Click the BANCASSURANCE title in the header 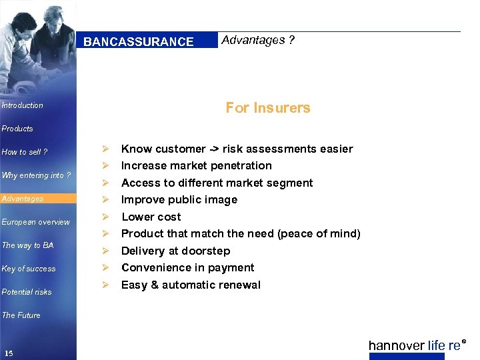coord(139,42)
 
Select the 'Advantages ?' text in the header coord(258,40)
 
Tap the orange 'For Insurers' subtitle coord(268,107)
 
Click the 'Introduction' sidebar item coord(23,105)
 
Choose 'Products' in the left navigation coord(17,129)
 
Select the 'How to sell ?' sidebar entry coord(25,152)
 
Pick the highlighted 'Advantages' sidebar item coord(23,199)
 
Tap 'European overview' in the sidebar coord(36,222)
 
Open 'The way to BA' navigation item coord(28,245)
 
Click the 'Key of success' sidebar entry coord(29,269)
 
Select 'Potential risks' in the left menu coord(27,292)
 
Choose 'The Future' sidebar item coord(21,315)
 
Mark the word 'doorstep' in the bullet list coord(207,251)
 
